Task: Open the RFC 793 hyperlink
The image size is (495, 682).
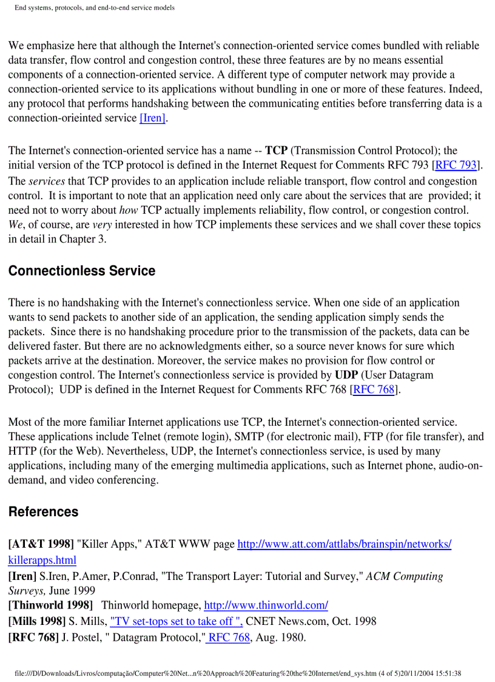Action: coord(456,165)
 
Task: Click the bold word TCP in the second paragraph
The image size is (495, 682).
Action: coord(276,151)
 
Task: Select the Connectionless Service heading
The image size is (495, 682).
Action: coord(82,271)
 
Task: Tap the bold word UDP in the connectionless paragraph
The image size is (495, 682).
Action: coord(346,375)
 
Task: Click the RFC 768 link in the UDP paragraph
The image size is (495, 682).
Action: coord(374,390)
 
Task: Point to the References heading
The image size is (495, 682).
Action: coord(43,511)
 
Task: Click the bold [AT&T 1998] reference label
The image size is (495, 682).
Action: coord(41,544)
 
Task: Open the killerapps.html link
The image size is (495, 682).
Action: coord(42,559)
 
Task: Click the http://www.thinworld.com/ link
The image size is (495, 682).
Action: coord(266,605)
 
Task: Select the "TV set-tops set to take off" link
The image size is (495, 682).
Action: coord(176,621)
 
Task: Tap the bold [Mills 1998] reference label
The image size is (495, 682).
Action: coord(37,621)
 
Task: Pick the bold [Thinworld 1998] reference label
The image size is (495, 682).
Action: coord(50,605)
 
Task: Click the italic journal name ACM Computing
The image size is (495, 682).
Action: coord(404,576)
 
